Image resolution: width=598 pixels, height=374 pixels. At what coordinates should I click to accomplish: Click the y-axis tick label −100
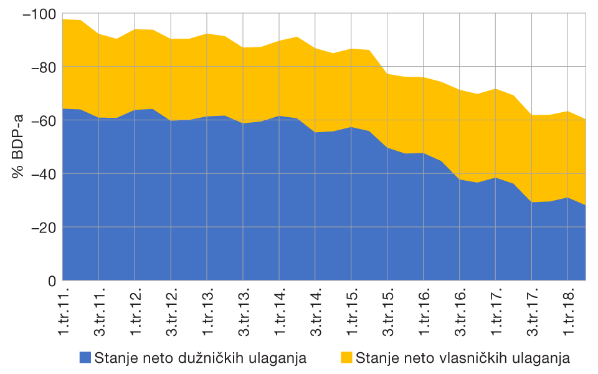39,14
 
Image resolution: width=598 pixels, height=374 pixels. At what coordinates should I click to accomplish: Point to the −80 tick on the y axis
42,67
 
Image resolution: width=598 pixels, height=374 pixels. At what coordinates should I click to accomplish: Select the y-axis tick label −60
42,120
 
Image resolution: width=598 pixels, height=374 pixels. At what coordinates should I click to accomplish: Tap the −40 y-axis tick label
42,174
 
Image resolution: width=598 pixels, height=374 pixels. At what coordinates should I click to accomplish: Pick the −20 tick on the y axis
42,228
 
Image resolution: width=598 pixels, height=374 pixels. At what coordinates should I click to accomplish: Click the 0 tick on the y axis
52,281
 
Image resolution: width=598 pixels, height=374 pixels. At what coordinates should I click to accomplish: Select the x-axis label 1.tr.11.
64,313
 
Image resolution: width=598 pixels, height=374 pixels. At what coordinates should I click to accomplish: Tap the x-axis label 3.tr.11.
100,313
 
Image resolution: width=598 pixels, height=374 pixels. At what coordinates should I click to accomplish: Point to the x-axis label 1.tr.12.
136,313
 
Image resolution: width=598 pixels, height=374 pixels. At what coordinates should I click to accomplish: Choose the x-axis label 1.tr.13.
208,313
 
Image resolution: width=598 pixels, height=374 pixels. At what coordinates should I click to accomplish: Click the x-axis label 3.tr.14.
316,313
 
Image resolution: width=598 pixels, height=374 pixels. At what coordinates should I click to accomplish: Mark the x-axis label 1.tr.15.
353,313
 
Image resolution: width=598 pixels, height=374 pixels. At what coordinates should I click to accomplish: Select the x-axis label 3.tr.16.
461,313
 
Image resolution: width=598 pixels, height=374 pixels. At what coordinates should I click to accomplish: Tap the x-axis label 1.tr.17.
497,313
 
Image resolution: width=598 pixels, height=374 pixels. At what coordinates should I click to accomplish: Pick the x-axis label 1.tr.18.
569,313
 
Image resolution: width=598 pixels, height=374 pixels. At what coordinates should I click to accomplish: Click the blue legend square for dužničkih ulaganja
85,358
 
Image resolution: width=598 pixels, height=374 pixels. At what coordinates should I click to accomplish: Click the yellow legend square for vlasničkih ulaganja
347,358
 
